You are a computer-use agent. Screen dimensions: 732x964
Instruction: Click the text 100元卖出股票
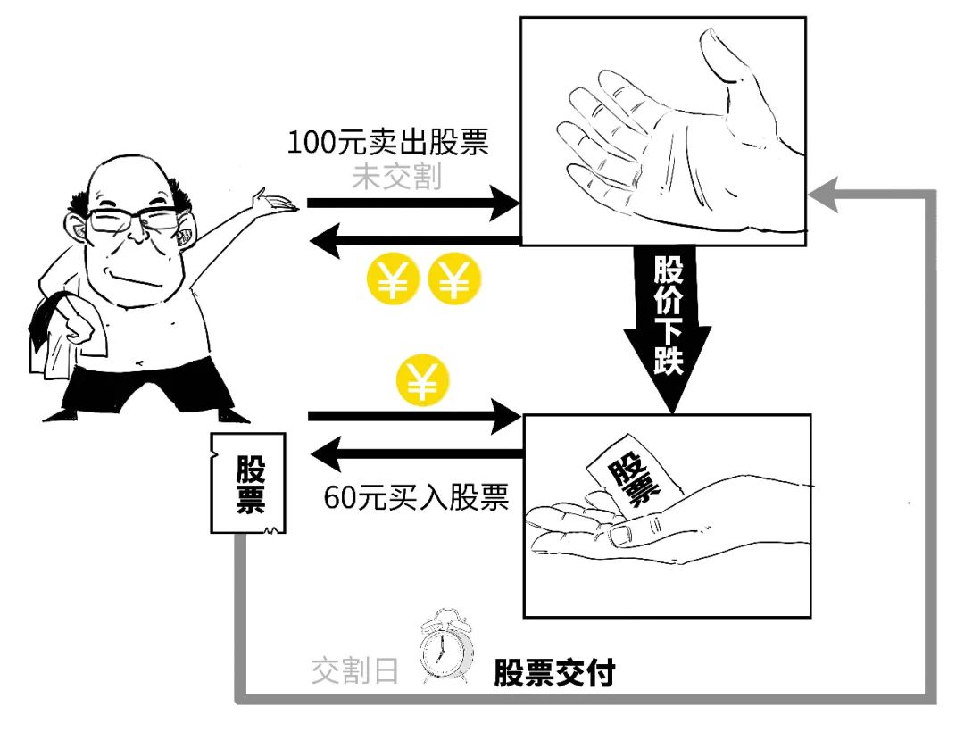[x=389, y=143]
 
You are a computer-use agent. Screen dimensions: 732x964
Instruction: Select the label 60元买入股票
[x=416, y=496]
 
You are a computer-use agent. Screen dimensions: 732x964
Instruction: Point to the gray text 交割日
[x=354, y=670]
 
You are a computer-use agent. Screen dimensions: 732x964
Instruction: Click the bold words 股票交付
[x=554, y=672]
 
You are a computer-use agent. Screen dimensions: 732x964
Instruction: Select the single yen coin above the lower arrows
[x=423, y=383]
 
